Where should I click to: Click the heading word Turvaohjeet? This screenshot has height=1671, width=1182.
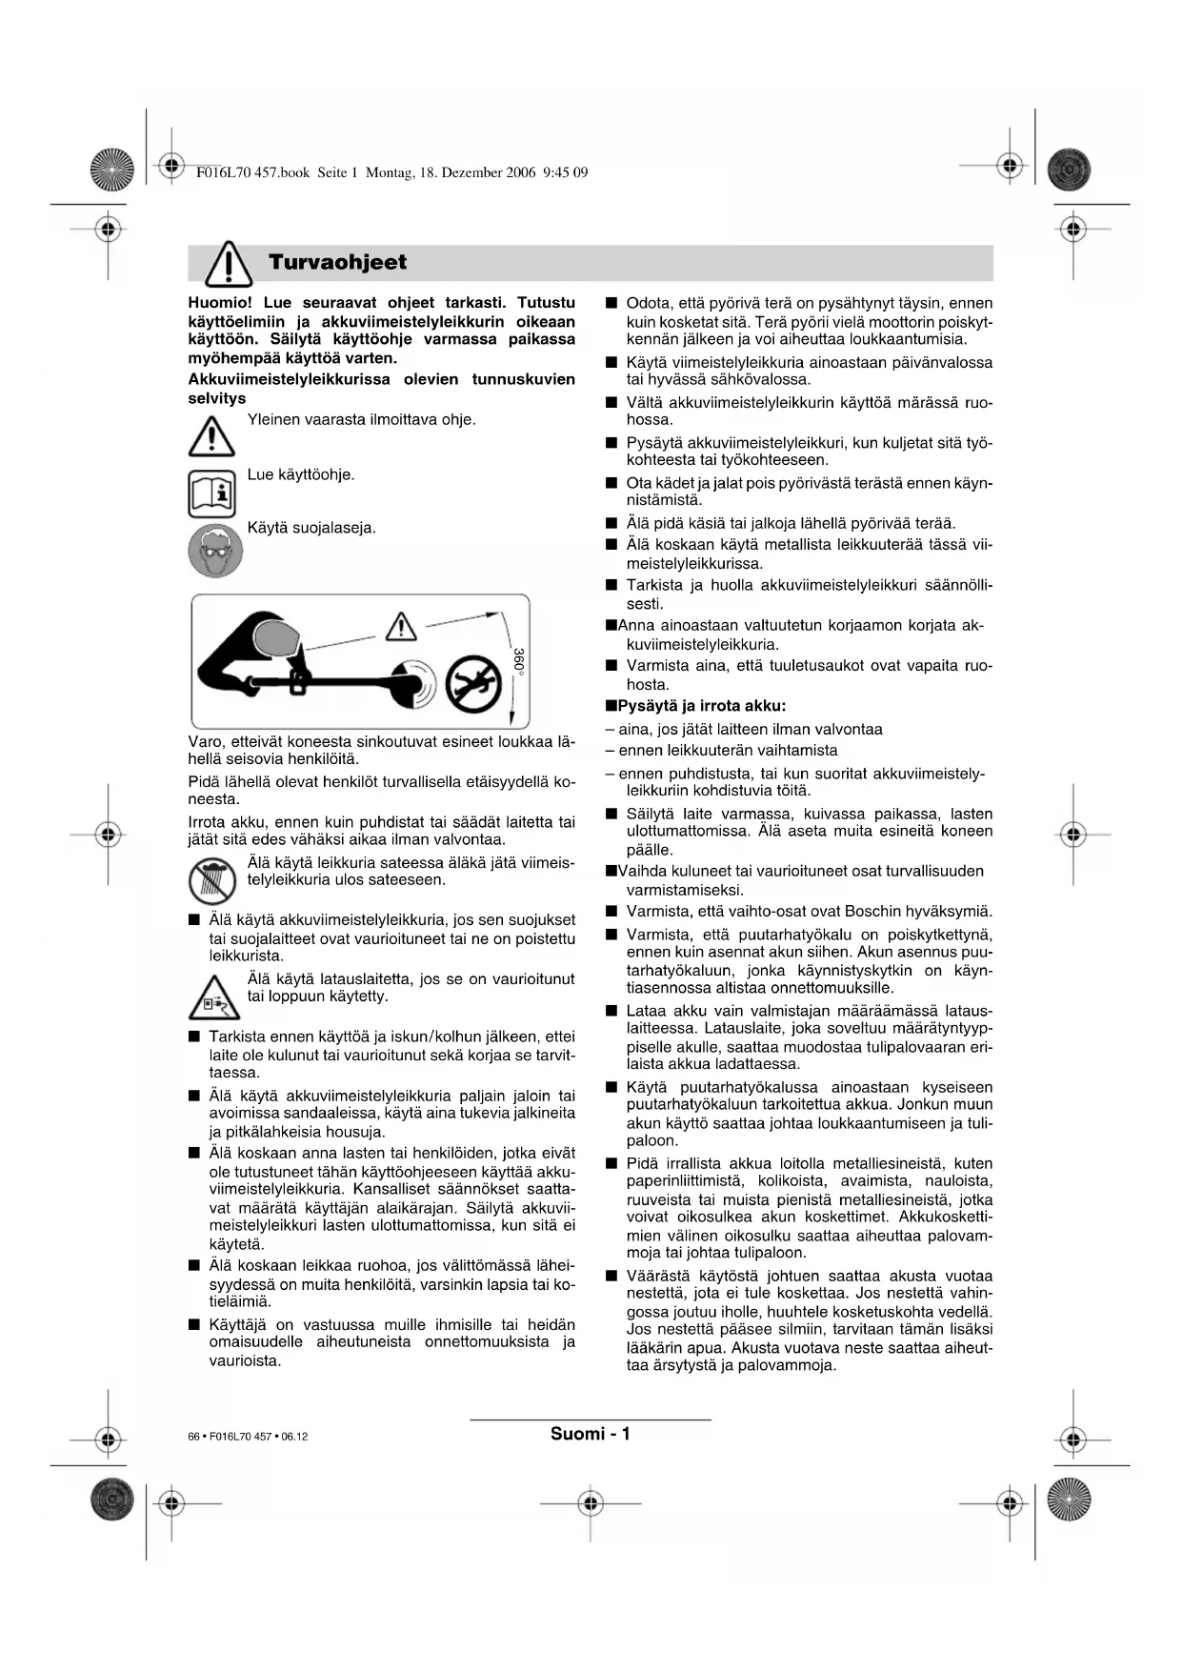click(x=337, y=262)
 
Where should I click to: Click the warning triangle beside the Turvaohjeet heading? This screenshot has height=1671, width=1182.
click(x=229, y=263)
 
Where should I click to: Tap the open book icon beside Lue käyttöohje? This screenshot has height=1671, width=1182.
click(x=211, y=493)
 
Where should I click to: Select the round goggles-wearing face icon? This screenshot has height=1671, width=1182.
click(x=215, y=550)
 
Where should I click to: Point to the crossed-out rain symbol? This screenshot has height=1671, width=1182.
click(x=211, y=880)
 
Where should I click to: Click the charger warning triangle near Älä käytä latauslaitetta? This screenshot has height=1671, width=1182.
click(x=213, y=997)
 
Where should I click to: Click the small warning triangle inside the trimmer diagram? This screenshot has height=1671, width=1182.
click(x=402, y=626)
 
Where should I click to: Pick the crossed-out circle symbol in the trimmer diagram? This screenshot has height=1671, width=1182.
click(x=474, y=682)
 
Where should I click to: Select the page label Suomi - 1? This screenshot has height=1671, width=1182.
click(x=590, y=1434)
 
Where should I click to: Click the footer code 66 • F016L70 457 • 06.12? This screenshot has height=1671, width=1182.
click(x=248, y=1437)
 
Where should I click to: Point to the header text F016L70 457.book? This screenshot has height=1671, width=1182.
click(x=252, y=172)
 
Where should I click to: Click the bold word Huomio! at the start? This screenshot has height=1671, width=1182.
click(x=220, y=303)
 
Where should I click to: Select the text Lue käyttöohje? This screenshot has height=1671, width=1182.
click(x=301, y=474)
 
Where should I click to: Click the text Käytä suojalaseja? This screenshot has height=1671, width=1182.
click(x=311, y=528)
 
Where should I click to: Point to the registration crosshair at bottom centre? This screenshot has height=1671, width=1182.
click(x=591, y=1503)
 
